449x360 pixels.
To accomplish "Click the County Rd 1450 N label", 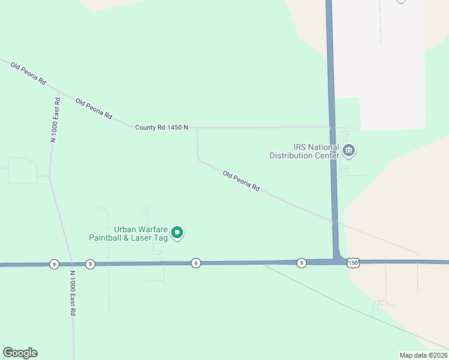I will click(x=161, y=127).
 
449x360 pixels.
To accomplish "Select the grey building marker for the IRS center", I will click(x=349, y=150).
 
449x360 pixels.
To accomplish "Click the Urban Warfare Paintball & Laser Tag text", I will click(x=127, y=233).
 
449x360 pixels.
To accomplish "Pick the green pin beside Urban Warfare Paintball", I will click(x=177, y=232).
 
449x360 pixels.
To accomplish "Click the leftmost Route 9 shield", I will click(x=54, y=264).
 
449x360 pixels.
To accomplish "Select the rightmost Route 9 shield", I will click(x=301, y=263).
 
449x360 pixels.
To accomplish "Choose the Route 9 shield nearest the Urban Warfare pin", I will click(x=195, y=263).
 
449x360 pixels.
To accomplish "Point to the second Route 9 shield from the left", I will click(x=89, y=264).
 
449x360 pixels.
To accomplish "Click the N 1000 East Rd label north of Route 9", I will click(x=55, y=119).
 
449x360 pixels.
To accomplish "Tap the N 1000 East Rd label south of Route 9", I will click(x=73, y=293).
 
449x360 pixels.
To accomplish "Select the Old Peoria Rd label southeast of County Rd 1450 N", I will click(x=241, y=181).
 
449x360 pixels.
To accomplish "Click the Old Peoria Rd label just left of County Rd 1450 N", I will click(x=94, y=108).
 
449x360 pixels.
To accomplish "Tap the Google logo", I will click(x=20, y=353).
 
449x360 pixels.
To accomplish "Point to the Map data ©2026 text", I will click(x=423, y=355).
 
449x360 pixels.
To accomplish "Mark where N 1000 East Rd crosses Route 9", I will click(x=71, y=264).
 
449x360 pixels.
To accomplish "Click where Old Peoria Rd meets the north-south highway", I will click(x=334, y=221).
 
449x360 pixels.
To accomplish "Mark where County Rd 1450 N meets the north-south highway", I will click(x=331, y=127).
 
